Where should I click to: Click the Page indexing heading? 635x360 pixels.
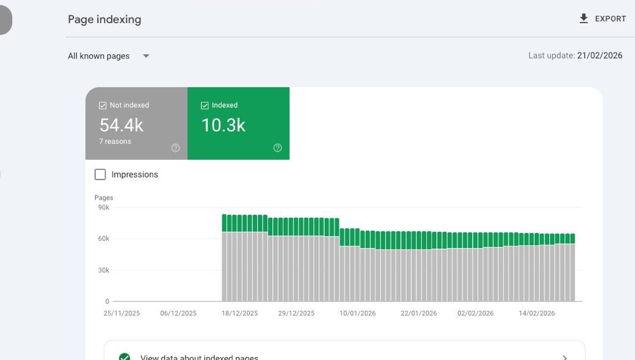(x=104, y=20)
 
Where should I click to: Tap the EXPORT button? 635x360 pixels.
(x=603, y=19)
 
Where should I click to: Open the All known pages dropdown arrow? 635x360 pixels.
(x=146, y=56)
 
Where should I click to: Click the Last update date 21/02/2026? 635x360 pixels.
(x=600, y=56)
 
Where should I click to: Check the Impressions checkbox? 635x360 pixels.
(x=101, y=175)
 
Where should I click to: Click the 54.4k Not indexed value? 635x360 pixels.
(x=122, y=125)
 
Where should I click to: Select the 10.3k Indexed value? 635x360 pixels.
(x=223, y=125)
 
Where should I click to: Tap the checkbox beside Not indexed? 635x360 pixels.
(x=103, y=106)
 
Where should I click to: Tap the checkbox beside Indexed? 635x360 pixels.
(x=205, y=106)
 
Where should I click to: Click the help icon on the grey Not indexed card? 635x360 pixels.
(x=176, y=148)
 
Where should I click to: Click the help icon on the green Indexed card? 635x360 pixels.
(x=278, y=148)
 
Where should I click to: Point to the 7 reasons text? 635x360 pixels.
(x=115, y=142)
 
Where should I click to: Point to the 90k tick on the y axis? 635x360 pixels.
(x=104, y=207)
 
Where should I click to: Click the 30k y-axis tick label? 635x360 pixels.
(x=104, y=270)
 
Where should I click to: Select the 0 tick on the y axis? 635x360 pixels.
(x=107, y=301)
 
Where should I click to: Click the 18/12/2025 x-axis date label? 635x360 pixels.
(x=240, y=314)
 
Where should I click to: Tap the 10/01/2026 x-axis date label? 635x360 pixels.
(x=358, y=314)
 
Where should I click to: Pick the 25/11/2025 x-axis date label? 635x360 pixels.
(x=122, y=314)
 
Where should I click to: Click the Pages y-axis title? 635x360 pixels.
(x=104, y=198)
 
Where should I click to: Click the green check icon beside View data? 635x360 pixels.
(x=125, y=357)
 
